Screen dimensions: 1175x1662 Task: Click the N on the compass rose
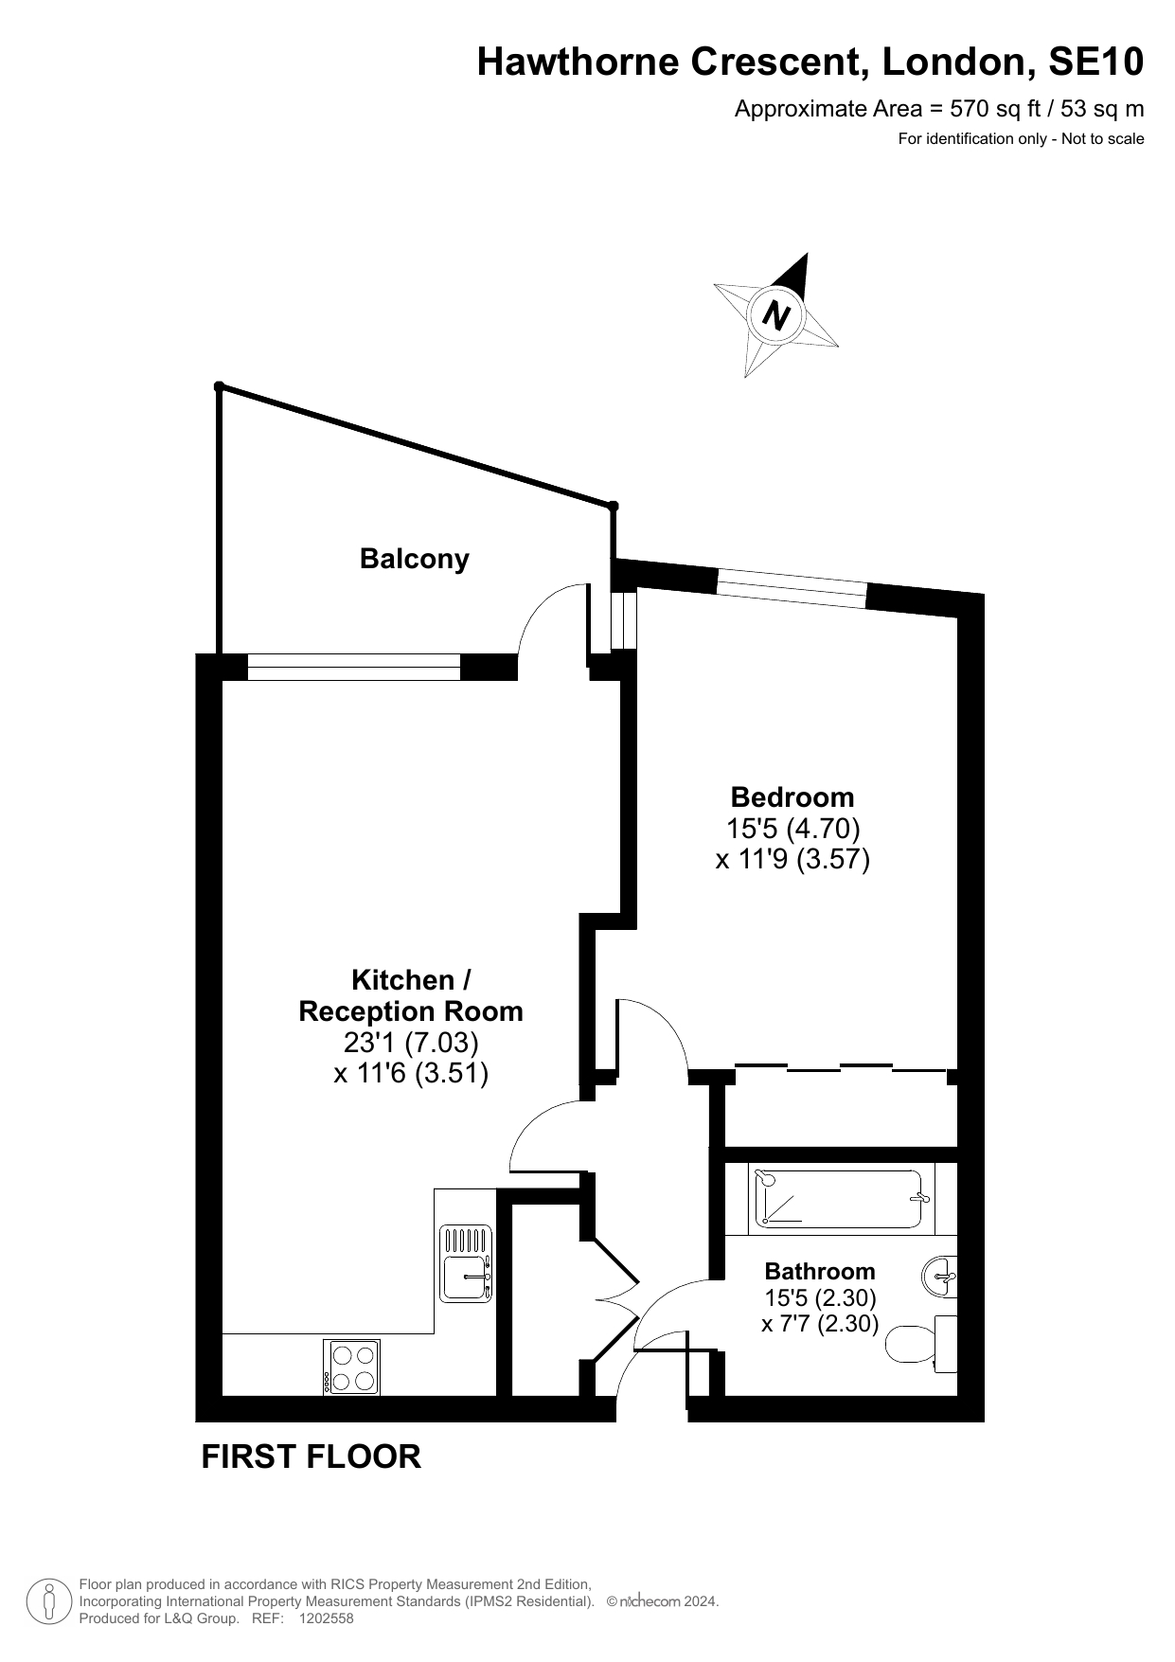click(x=776, y=313)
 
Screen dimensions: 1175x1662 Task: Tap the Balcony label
click(x=415, y=559)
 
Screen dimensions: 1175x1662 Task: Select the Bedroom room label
click(x=792, y=797)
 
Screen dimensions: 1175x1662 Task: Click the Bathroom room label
click(x=820, y=1271)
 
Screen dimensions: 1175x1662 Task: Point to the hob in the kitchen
click(x=351, y=1367)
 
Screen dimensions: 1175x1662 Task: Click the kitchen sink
click(x=466, y=1264)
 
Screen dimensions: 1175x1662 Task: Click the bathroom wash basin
click(x=940, y=1278)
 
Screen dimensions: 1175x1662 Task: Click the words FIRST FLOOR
click(x=312, y=1456)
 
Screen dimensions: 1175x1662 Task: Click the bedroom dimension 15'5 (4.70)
click(x=792, y=829)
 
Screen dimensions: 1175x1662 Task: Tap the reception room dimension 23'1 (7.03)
click(x=411, y=1043)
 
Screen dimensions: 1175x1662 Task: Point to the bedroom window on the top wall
click(x=792, y=588)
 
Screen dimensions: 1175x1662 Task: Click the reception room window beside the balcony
click(x=354, y=668)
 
